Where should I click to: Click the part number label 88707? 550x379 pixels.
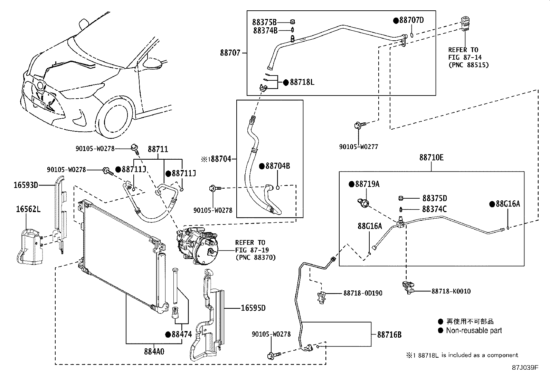[x=230, y=53]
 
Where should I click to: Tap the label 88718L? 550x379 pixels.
[x=302, y=82]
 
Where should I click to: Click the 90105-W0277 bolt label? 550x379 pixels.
[x=358, y=147]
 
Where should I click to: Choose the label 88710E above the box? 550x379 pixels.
[x=432, y=158]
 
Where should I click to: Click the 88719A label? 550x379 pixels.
[x=367, y=184]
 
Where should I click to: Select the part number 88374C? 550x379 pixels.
[x=434, y=209]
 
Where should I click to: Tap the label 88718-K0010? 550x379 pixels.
[x=451, y=291]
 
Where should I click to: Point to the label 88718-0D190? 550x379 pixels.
[x=363, y=293]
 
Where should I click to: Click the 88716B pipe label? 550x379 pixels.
[x=389, y=335]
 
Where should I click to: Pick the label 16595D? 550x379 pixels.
[x=253, y=308]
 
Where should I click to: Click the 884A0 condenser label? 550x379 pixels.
[x=154, y=351]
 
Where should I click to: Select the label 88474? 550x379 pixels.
[x=181, y=334]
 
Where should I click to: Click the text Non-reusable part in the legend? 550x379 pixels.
[x=474, y=330]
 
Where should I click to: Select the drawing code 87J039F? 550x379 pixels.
[x=525, y=367]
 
